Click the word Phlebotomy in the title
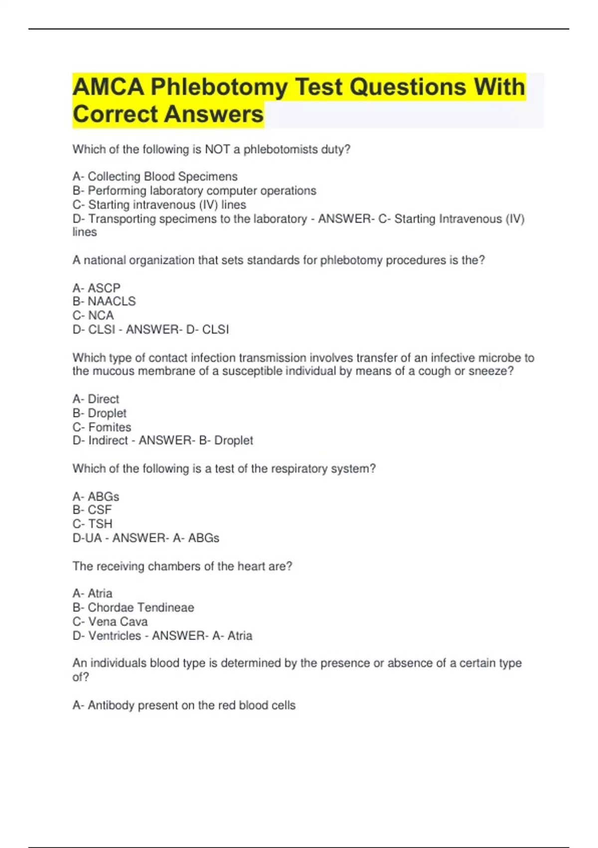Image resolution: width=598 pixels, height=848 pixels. pyautogui.click(x=219, y=87)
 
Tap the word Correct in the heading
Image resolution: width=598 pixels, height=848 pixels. pyautogui.click(x=115, y=114)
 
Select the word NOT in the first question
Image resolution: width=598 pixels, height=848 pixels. pyautogui.click(x=217, y=149)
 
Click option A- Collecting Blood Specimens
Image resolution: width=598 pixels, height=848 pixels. pyautogui.click(x=155, y=177)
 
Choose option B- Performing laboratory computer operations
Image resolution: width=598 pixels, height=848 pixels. pyautogui.click(x=194, y=191)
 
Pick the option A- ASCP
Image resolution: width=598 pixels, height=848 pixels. pyautogui.click(x=96, y=288)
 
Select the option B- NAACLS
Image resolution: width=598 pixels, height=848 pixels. pyautogui.click(x=104, y=301)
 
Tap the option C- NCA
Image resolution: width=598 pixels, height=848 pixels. pyautogui.click(x=93, y=315)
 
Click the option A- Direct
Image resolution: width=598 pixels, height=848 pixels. pyautogui.click(x=96, y=399)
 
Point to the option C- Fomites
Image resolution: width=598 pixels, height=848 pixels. pyautogui.click(x=102, y=427)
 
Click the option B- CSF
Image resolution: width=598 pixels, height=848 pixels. pyautogui.click(x=92, y=510)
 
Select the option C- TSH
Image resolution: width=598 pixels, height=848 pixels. pyautogui.click(x=93, y=524)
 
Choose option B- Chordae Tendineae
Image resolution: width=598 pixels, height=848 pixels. pyautogui.click(x=133, y=608)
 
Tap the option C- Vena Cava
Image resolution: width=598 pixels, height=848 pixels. pyautogui.click(x=110, y=622)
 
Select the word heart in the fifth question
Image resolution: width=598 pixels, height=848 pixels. pyautogui.click(x=251, y=566)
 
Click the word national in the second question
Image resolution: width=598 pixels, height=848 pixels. pyautogui.click(x=104, y=260)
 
